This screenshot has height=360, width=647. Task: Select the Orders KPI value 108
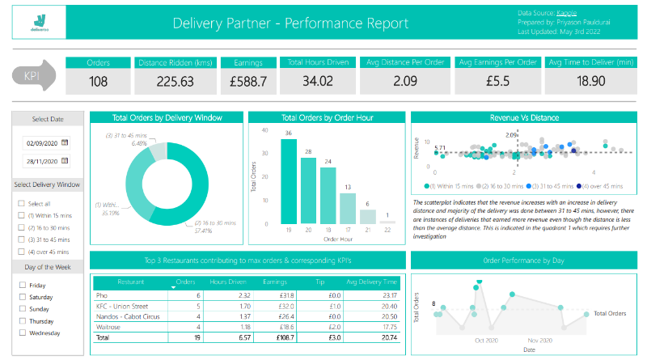[x=98, y=81]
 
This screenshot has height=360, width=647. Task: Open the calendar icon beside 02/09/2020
[x=65, y=142]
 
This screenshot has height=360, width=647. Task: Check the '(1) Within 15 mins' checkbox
[x=21, y=216]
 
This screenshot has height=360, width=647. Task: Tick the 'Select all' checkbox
[x=21, y=204]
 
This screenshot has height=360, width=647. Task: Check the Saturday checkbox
[x=21, y=297]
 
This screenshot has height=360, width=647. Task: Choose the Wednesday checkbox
[x=21, y=332]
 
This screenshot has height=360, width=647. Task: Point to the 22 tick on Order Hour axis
[x=387, y=230]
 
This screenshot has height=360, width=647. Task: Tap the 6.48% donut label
[x=116, y=143]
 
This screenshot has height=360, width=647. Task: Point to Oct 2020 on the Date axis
[x=487, y=341]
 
